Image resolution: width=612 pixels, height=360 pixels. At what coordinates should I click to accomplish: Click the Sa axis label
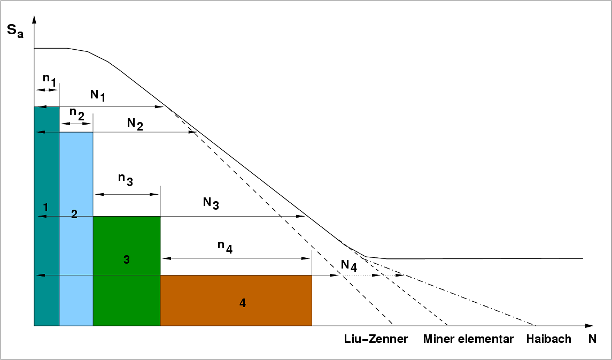(x=15, y=32)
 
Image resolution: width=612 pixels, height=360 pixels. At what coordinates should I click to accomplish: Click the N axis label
(x=592, y=339)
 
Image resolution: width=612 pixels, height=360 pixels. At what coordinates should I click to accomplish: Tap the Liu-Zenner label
(x=376, y=339)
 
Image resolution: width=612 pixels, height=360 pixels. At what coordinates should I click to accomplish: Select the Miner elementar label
(x=468, y=339)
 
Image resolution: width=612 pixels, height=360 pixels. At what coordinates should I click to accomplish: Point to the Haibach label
(x=549, y=339)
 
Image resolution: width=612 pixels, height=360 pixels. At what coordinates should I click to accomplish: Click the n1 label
(x=49, y=79)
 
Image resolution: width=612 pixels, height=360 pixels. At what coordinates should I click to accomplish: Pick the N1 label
(x=98, y=96)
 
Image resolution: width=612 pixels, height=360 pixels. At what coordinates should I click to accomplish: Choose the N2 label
(x=135, y=124)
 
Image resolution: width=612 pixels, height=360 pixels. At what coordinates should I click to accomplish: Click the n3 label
(x=126, y=179)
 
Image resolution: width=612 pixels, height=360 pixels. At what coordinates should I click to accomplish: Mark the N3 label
(x=211, y=203)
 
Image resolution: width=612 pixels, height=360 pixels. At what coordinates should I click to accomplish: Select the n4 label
(x=225, y=247)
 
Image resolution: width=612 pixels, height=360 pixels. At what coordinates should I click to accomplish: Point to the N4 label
(x=349, y=265)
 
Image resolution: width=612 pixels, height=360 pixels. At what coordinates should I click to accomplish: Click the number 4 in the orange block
(x=242, y=303)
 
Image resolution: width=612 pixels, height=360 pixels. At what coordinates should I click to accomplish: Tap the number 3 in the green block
(x=127, y=259)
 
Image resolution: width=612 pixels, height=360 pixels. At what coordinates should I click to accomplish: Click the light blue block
(x=76, y=229)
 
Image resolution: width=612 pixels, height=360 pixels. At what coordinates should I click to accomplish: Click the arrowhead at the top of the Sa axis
(x=34, y=19)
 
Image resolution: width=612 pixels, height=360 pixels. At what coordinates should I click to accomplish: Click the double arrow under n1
(x=47, y=90)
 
